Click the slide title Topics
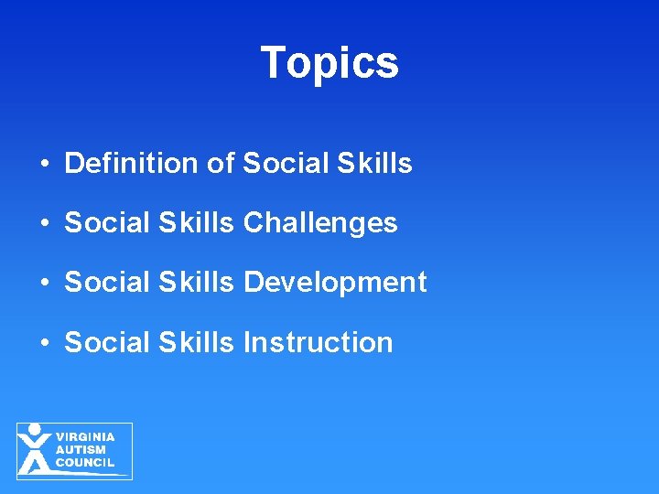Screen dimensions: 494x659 (x=329, y=63)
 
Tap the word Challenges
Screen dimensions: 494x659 (x=320, y=223)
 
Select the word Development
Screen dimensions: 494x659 (x=335, y=283)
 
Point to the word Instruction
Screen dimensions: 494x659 (x=319, y=342)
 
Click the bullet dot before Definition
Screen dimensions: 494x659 (x=44, y=165)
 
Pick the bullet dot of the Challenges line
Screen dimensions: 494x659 (x=44, y=224)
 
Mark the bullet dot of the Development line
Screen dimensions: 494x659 (x=44, y=284)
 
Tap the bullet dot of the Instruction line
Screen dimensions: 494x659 (x=44, y=343)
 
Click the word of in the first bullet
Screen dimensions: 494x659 (x=221, y=164)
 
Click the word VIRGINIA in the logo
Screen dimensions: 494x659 (x=85, y=437)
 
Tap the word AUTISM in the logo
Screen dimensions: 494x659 (x=81, y=450)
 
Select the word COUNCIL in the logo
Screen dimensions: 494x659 (x=85, y=463)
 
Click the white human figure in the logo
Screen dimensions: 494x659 (x=35, y=448)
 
